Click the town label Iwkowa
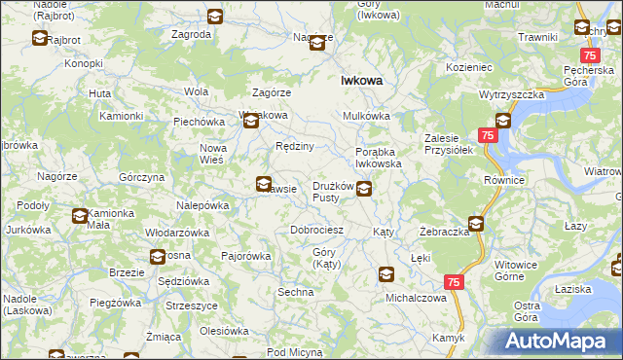pos(360,83)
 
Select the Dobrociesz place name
pos(317,231)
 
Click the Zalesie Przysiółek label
pos(448,144)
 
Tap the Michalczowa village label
pos(416,298)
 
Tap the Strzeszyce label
pos(191,306)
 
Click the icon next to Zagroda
pos(215,17)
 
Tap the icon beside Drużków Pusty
pos(363,189)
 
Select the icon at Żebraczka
pos(476,223)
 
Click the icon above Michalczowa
pos(386,275)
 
